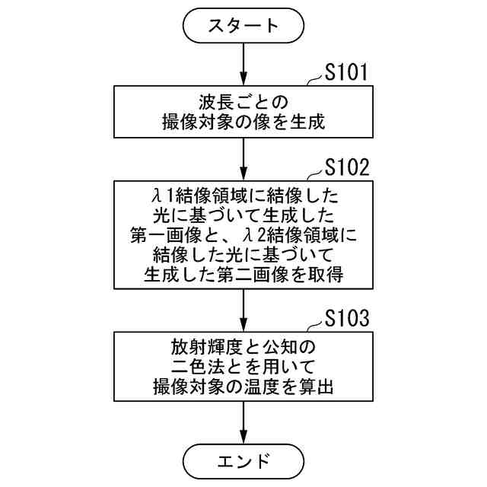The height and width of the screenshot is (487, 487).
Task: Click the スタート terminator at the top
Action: (243, 26)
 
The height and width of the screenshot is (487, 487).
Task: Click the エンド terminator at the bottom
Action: (243, 460)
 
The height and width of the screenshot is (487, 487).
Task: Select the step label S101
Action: (347, 73)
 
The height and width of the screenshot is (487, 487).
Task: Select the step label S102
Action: (347, 168)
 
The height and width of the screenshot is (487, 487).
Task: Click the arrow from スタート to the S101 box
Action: (243, 65)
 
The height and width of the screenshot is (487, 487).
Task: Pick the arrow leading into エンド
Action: (243, 422)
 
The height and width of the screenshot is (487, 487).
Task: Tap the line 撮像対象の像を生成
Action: (243, 120)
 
